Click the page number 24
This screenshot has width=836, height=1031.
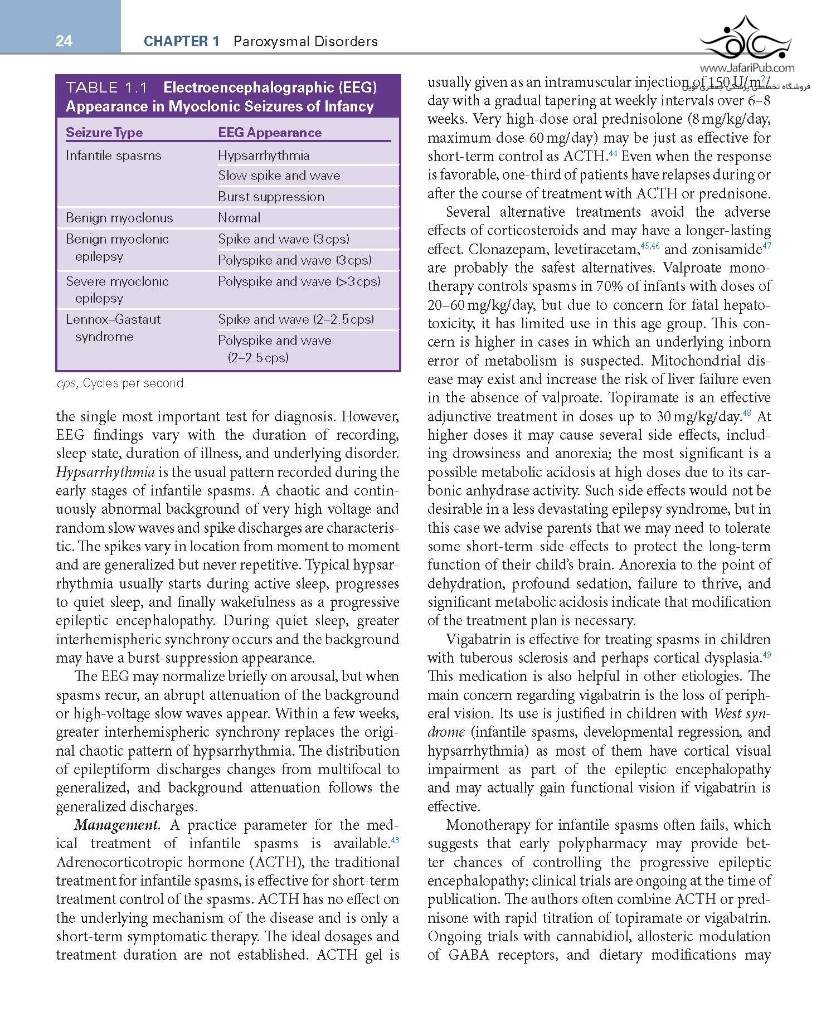click(x=64, y=41)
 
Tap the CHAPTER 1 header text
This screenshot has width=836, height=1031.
click(x=181, y=41)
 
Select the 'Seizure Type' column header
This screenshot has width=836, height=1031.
click(x=104, y=133)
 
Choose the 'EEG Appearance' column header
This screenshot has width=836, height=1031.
click(x=270, y=133)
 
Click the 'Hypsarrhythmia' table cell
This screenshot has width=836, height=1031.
click(x=264, y=155)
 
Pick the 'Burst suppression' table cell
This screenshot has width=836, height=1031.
click(x=271, y=197)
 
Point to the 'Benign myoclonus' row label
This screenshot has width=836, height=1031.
click(x=119, y=218)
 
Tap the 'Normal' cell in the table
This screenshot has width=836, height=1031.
click(x=239, y=218)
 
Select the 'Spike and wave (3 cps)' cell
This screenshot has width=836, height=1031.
click(x=284, y=239)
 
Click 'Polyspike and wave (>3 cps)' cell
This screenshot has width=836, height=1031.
click(x=299, y=281)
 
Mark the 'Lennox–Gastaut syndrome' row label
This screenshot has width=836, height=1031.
click(x=113, y=328)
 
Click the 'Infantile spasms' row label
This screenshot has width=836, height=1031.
click(x=113, y=155)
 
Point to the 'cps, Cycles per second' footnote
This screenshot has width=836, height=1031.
click(x=121, y=383)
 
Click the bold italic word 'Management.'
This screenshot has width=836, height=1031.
click(x=117, y=825)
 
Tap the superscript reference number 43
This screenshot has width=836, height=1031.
click(x=395, y=840)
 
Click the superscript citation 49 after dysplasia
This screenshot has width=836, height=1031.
click(x=766, y=655)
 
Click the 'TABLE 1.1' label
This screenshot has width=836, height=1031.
click(x=106, y=87)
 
